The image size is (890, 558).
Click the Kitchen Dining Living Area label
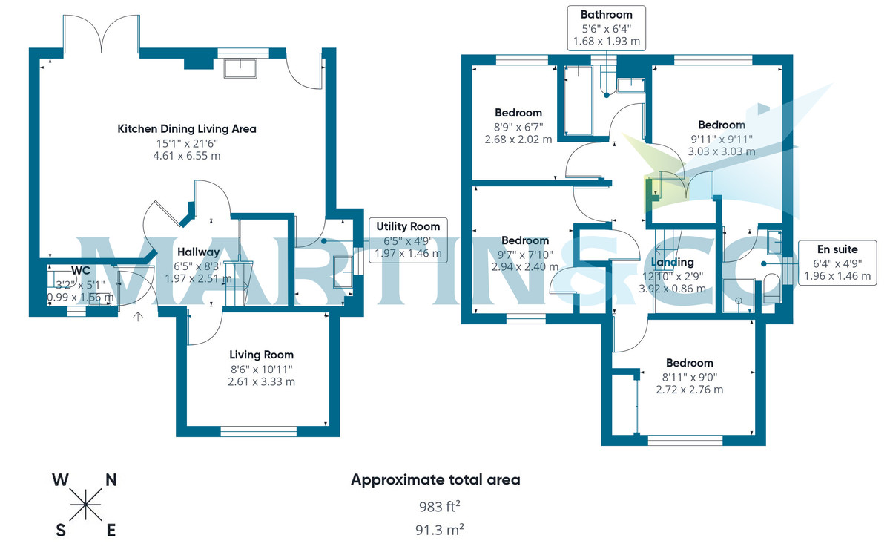pyautogui.click(x=187, y=128)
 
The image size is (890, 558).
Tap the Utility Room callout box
pyautogui.click(x=407, y=240)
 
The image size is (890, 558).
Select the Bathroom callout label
pyautogui.click(x=606, y=27)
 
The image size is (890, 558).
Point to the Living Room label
pyautogui.click(x=261, y=355)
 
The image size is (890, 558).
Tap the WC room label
pyautogui.click(x=80, y=270)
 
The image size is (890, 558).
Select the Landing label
pyautogui.click(x=673, y=262)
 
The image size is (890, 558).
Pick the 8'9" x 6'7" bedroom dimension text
pyautogui.click(x=518, y=126)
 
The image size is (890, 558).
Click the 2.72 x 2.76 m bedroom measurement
pyautogui.click(x=689, y=389)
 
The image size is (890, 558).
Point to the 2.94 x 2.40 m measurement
pyautogui.click(x=524, y=266)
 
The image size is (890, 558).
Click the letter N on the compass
pyautogui.click(x=111, y=479)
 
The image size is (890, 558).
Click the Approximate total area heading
pyautogui.click(x=435, y=479)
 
